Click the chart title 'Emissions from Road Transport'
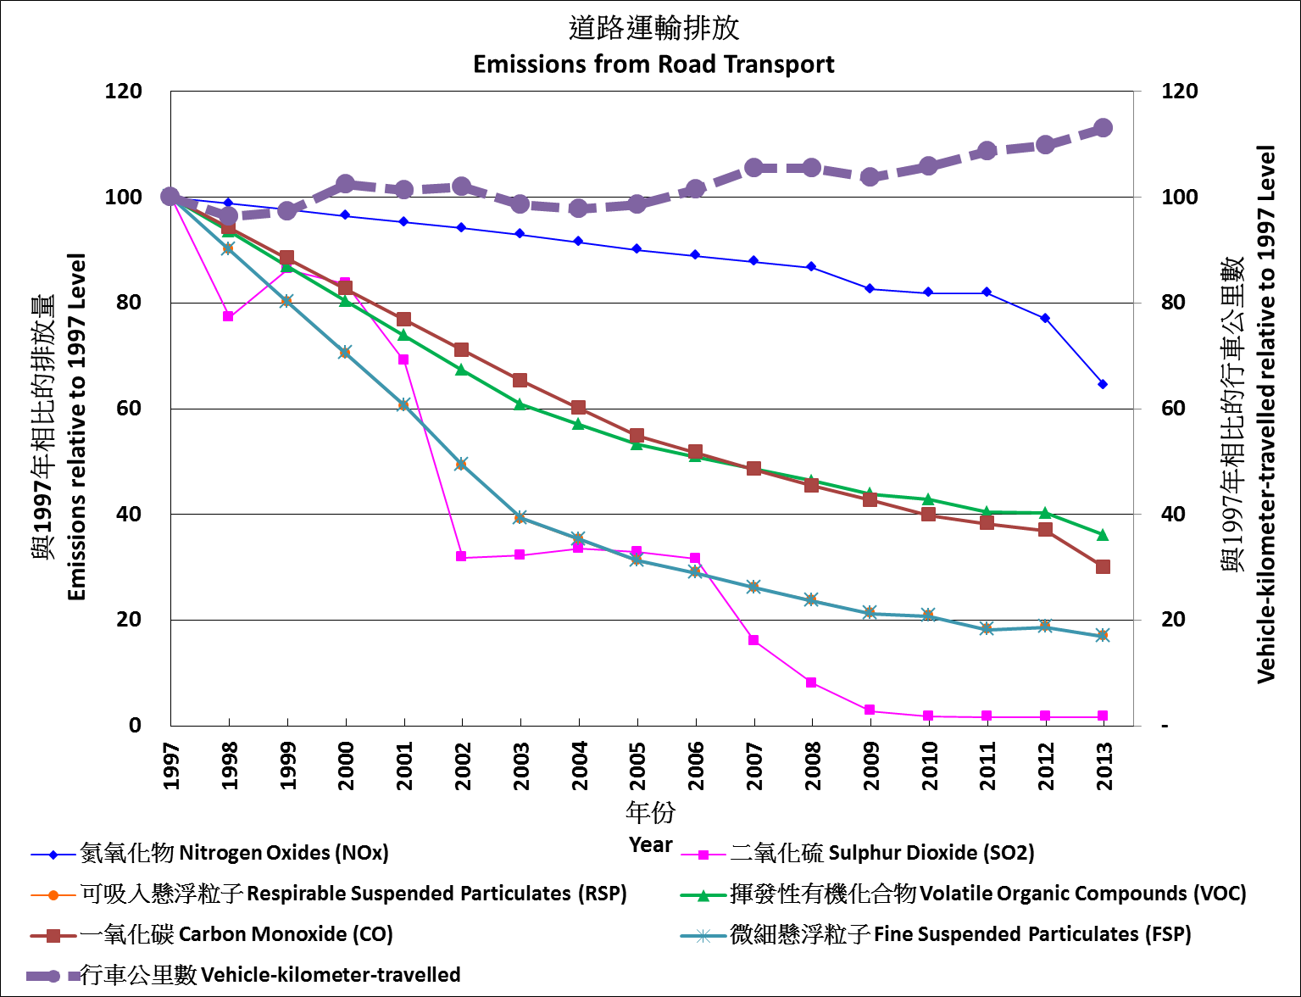653,64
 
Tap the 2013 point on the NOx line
1103,384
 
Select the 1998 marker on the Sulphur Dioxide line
228,316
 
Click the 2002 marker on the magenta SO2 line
461,556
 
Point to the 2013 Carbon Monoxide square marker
1103,566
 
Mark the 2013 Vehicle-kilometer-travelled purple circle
1103,128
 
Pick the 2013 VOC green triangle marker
1103,535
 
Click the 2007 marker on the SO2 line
753,640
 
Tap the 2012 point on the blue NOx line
1045,318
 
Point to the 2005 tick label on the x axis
637,766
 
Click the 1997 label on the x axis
171,766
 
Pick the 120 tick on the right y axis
1179,92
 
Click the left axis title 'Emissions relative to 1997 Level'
76,426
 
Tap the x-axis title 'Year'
650,845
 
